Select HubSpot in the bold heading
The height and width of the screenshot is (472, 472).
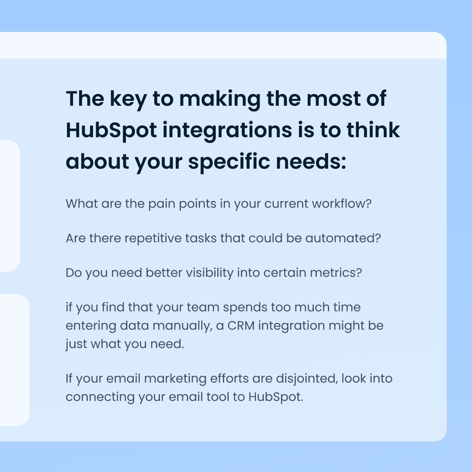click(x=111, y=131)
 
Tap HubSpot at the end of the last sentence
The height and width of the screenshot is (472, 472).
click(x=275, y=397)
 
